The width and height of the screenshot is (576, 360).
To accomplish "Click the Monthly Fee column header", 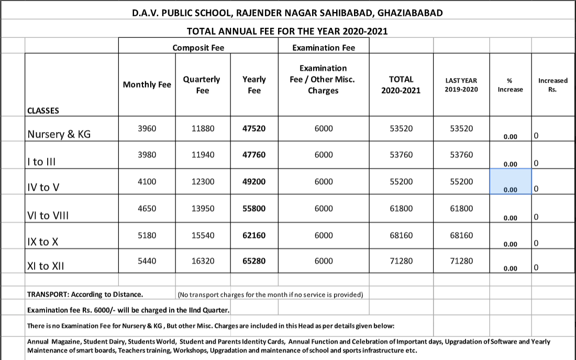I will pos(147,85).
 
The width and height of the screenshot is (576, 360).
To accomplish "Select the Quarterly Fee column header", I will pos(202,85).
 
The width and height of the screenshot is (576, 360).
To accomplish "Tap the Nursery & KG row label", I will pos(59,134).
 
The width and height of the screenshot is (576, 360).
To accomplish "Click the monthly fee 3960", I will pos(147,128).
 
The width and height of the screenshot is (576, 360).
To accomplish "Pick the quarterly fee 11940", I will pos(203,155).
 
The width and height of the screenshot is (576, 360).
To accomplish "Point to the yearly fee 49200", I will pos(254,182).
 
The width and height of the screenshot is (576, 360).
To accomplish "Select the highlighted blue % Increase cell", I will pos(510,182).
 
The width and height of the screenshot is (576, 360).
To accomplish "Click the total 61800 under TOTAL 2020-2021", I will pos(401,209).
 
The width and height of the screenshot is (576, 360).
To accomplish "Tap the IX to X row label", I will pos(42,242).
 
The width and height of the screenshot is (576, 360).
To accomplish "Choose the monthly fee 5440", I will pos(147,260).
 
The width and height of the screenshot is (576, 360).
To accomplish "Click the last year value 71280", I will pos(461,260).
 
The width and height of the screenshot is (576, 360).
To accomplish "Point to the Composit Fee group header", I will pos(198,48).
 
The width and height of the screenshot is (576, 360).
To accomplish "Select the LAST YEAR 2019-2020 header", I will pos(461,85).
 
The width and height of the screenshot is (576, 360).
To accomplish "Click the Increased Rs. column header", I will pos(552,85).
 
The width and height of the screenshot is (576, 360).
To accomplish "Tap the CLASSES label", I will pos(43,111).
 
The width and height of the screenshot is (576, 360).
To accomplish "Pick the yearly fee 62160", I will pos(254,235).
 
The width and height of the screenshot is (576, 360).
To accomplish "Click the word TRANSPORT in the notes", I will pos(48,294).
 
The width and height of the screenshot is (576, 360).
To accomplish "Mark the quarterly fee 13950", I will pos(203,209).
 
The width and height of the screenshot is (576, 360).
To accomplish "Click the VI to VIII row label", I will pos(47,215).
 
